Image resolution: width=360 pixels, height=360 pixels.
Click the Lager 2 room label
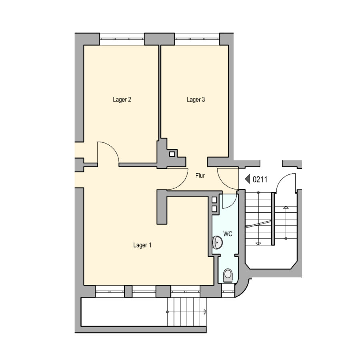click(122, 100)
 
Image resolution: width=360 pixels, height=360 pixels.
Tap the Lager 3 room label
click(196, 100)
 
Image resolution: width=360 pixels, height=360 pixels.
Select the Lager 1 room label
click(142, 245)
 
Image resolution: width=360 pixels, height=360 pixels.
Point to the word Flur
click(200, 176)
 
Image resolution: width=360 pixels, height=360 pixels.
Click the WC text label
click(228, 234)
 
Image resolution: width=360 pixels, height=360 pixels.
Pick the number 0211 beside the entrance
click(260, 179)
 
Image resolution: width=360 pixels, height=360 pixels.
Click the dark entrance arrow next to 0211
click(248, 179)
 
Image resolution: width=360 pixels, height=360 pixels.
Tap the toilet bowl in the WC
click(228, 275)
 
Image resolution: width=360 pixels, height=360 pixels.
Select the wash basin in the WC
click(217, 242)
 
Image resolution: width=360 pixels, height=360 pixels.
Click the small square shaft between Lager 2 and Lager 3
click(172, 154)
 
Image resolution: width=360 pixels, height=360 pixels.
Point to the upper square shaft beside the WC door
click(214, 200)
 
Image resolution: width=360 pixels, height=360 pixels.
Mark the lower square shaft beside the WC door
click(214, 209)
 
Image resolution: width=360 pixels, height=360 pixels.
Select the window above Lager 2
click(122, 39)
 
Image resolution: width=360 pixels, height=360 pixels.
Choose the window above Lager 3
click(197, 39)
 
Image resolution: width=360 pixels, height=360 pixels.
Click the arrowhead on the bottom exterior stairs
click(205, 312)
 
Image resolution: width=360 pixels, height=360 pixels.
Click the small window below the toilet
click(228, 291)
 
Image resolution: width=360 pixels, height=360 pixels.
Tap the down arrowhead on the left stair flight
click(258, 244)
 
